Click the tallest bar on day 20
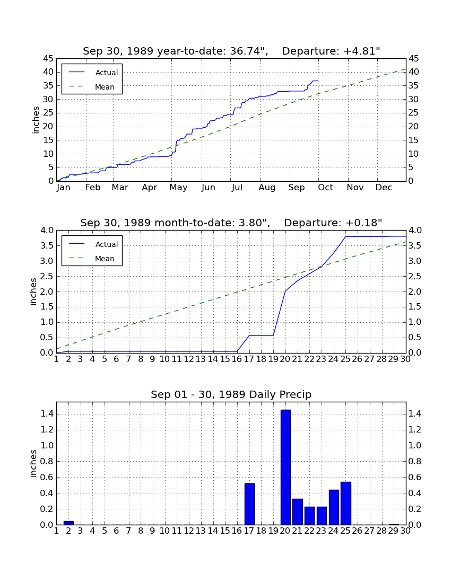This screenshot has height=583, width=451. (285, 467)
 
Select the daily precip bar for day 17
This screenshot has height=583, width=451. (249, 504)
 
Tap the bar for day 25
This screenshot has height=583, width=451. (346, 503)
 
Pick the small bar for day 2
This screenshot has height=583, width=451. (68, 523)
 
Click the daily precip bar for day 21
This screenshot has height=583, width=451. (298, 511)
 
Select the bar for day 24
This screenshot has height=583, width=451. (334, 507)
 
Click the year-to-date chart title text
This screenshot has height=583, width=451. (231, 51)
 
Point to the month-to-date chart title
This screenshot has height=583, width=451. (231, 223)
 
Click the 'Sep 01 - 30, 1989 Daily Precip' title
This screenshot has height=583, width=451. (231, 394)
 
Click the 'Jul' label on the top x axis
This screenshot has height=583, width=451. (237, 188)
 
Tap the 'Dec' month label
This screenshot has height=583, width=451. (384, 188)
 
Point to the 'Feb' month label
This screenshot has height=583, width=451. (93, 188)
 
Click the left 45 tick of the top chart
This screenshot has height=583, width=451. (48, 58)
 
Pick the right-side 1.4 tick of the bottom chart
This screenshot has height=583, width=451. (415, 414)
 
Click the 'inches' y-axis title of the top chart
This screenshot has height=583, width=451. (36, 120)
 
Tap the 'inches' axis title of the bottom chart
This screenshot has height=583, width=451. (33, 463)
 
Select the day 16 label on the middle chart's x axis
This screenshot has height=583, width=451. (237, 359)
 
